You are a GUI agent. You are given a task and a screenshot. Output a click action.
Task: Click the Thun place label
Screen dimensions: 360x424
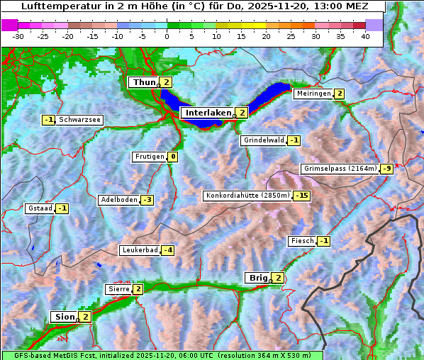point(144,82)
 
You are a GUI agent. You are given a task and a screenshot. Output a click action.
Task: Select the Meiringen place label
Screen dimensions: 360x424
point(313,94)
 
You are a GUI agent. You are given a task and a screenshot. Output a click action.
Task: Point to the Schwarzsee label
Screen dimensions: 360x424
point(79,120)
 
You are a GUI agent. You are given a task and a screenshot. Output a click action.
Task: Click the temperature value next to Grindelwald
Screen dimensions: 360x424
point(294,140)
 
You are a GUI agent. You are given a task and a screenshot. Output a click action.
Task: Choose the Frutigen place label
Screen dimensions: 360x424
point(149,157)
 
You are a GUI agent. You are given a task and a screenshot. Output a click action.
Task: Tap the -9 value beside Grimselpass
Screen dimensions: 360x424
point(386,169)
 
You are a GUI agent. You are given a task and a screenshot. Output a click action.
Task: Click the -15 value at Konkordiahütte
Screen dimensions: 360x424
point(302,196)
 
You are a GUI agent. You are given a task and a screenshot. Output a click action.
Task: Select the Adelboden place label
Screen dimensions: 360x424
point(118,200)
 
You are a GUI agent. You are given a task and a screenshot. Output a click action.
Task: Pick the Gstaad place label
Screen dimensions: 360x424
point(40,208)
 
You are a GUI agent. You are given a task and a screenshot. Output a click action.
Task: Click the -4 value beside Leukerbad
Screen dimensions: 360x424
point(167,250)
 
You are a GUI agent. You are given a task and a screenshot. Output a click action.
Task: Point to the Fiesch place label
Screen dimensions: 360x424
point(301,241)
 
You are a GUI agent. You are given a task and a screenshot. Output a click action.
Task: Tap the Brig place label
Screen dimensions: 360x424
point(257,278)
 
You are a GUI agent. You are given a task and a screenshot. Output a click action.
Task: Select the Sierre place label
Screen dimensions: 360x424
point(118,289)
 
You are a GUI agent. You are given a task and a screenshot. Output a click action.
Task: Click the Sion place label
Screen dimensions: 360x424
point(63,317)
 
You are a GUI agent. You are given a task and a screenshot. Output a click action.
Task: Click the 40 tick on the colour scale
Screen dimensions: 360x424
point(365,36)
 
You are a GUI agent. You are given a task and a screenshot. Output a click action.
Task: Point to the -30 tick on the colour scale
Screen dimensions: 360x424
point(18,36)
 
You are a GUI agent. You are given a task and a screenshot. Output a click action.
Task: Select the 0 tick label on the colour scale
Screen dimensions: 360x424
point(167,36)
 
